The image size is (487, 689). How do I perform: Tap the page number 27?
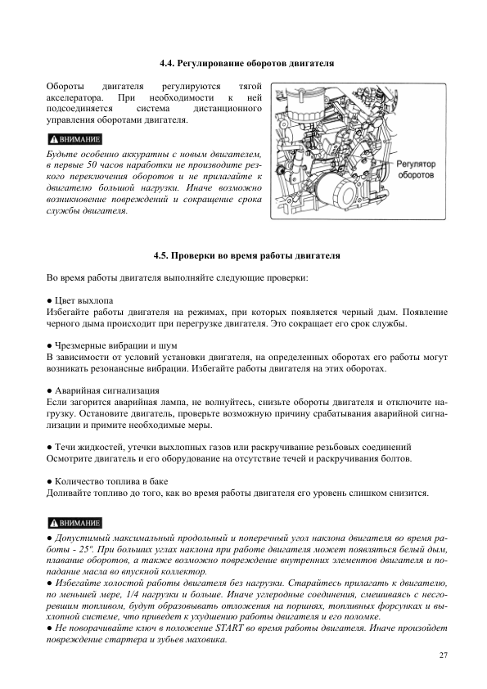click(x=443, y=655)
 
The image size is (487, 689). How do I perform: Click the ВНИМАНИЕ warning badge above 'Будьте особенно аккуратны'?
click(x=74, y=137)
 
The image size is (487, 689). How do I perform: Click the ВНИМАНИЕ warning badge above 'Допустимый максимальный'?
click(x=74, y=522)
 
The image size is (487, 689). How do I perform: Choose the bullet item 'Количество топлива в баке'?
click(x=101, y=482)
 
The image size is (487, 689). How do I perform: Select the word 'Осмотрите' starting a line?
click(x=68, y=459)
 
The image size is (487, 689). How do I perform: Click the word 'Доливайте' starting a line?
click(x=68, y=493)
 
